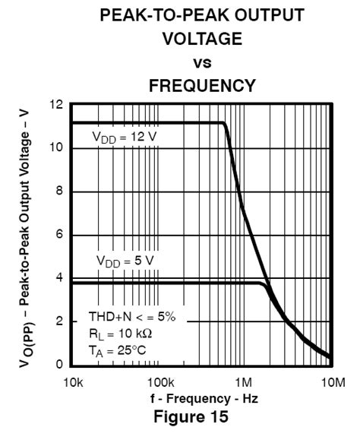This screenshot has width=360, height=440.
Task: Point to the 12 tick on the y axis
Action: coord(55,104)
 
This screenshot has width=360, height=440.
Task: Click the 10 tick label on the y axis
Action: coord(55,147)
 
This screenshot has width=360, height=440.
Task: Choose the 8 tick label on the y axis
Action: coord(58,191)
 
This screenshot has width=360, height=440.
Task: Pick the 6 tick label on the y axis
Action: coord(58,234)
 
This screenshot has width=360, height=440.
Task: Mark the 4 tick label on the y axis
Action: coord(58,278)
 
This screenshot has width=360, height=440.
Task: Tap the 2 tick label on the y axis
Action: coord(58,321)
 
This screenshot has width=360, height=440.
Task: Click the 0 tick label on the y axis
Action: coord(58,365)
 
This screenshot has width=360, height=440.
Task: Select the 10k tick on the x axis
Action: coord(73,381)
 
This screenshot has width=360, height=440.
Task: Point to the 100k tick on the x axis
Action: coord(160,381)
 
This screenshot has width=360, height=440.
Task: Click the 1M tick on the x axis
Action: coord(245,381)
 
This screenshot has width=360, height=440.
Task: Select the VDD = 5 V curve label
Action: coord(125,261)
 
